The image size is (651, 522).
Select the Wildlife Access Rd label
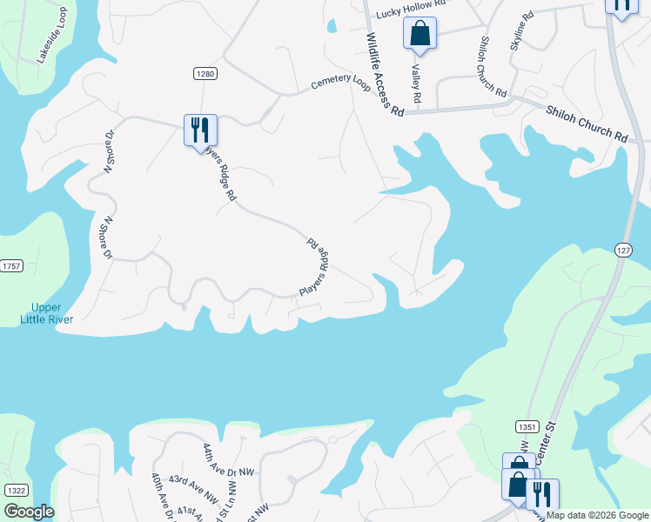point(385,75)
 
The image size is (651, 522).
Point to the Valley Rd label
point(416,84)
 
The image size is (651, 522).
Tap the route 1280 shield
point(205,74)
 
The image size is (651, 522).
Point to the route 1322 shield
point(15,491)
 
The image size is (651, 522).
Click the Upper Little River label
point(47,313)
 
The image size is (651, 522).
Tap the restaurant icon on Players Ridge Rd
point(201,130)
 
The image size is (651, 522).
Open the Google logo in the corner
point(29,512)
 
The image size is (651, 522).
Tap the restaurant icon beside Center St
point(543,494)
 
